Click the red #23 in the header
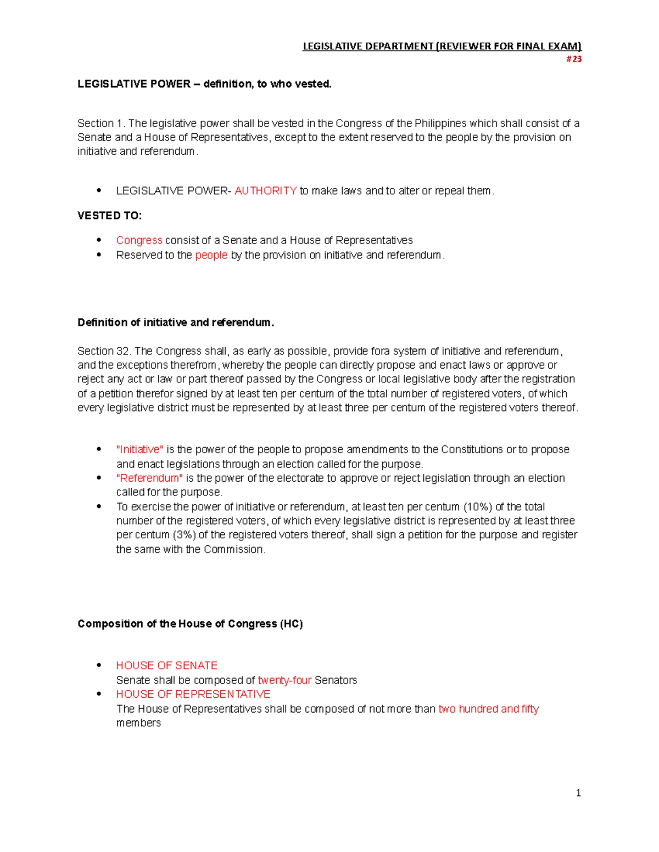pyautogui.click(x=573, y=59)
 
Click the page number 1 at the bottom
pyautogui.click(x=578, y=793)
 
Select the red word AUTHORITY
pyautogui.click(x=265, y=191)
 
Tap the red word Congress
pyautogui.click(x=139, y=240)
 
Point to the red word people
pyautogui.click(x=211, y=255)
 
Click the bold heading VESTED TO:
pyautogui.click(x=109, y=216)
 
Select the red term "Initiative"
pyautogui.click(x=139, y=449)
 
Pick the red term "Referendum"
pyautogui.click(x=149, y=478)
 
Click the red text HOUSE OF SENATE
pyautogui.click(x=166, y=665)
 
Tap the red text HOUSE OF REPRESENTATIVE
pyautogui.click(x=193, y=694)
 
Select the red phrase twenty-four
pyautogui.click(x=284, y=680)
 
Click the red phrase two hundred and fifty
pyautogui.click(x=488, y=709)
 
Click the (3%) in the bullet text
pyautogui.click(x=184, y=535)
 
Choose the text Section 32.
pyautogui.click(x=104, y=351)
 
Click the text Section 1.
pyautogui.click(x=101, y=123)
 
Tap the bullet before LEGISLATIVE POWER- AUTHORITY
pyautogui.click(x=99, y=191)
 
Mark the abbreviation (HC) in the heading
pyautogui.click(x=291, y=624)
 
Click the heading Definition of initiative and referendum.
pyautogui.click(x=175, y=323)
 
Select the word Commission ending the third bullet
pyautogui.click(x=233, y=549)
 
